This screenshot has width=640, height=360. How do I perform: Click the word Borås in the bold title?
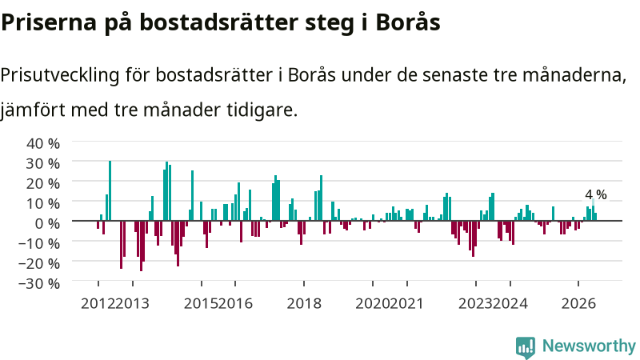point(408,22)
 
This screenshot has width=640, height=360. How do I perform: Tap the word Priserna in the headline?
point(49,22)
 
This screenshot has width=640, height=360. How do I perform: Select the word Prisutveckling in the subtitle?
point(60,75)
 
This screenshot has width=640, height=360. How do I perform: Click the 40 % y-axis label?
point(43,143)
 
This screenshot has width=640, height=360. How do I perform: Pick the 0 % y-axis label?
point(47,223)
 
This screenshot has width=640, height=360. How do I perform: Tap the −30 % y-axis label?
point(39,283)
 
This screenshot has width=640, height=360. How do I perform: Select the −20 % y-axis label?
point(39,263)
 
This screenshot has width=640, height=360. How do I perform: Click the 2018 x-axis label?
point(304,304)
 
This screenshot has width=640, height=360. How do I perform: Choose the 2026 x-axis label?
point(578,304)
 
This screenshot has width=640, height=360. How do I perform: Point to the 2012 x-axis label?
point(98,304)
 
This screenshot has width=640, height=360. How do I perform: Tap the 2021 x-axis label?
point(406,304)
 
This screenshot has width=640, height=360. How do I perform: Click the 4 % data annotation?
point(595,194)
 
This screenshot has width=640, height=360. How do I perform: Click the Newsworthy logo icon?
point(526,347)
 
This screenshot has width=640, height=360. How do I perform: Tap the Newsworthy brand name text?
point(589,346)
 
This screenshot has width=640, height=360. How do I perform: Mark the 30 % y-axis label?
point(43,163)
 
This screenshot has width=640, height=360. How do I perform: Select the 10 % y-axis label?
point(43,203)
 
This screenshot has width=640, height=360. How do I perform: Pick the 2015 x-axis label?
point(201,304)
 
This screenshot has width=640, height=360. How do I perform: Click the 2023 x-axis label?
point(475,304)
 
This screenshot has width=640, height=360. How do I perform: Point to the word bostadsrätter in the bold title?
point(219,22)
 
